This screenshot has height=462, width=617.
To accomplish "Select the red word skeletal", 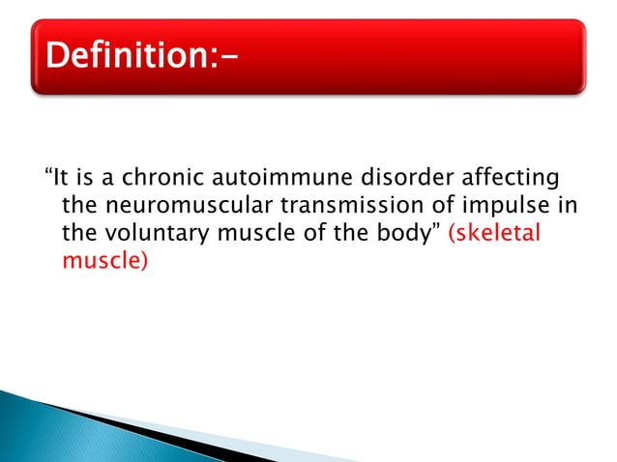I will point(496,234).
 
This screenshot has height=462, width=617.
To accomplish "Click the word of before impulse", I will point(425,206).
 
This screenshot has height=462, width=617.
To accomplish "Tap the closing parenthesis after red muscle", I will point(144,262).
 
